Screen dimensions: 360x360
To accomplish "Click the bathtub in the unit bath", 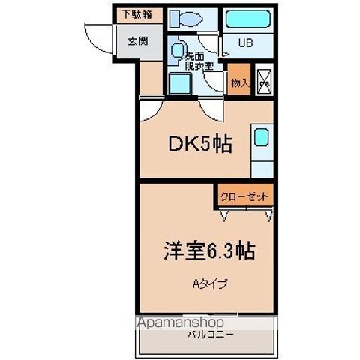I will (248, 18).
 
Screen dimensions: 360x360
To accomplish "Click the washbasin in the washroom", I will (177, 50).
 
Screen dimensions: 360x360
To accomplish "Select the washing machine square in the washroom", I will (179, 84).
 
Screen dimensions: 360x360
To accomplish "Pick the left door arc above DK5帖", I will (149, 111).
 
